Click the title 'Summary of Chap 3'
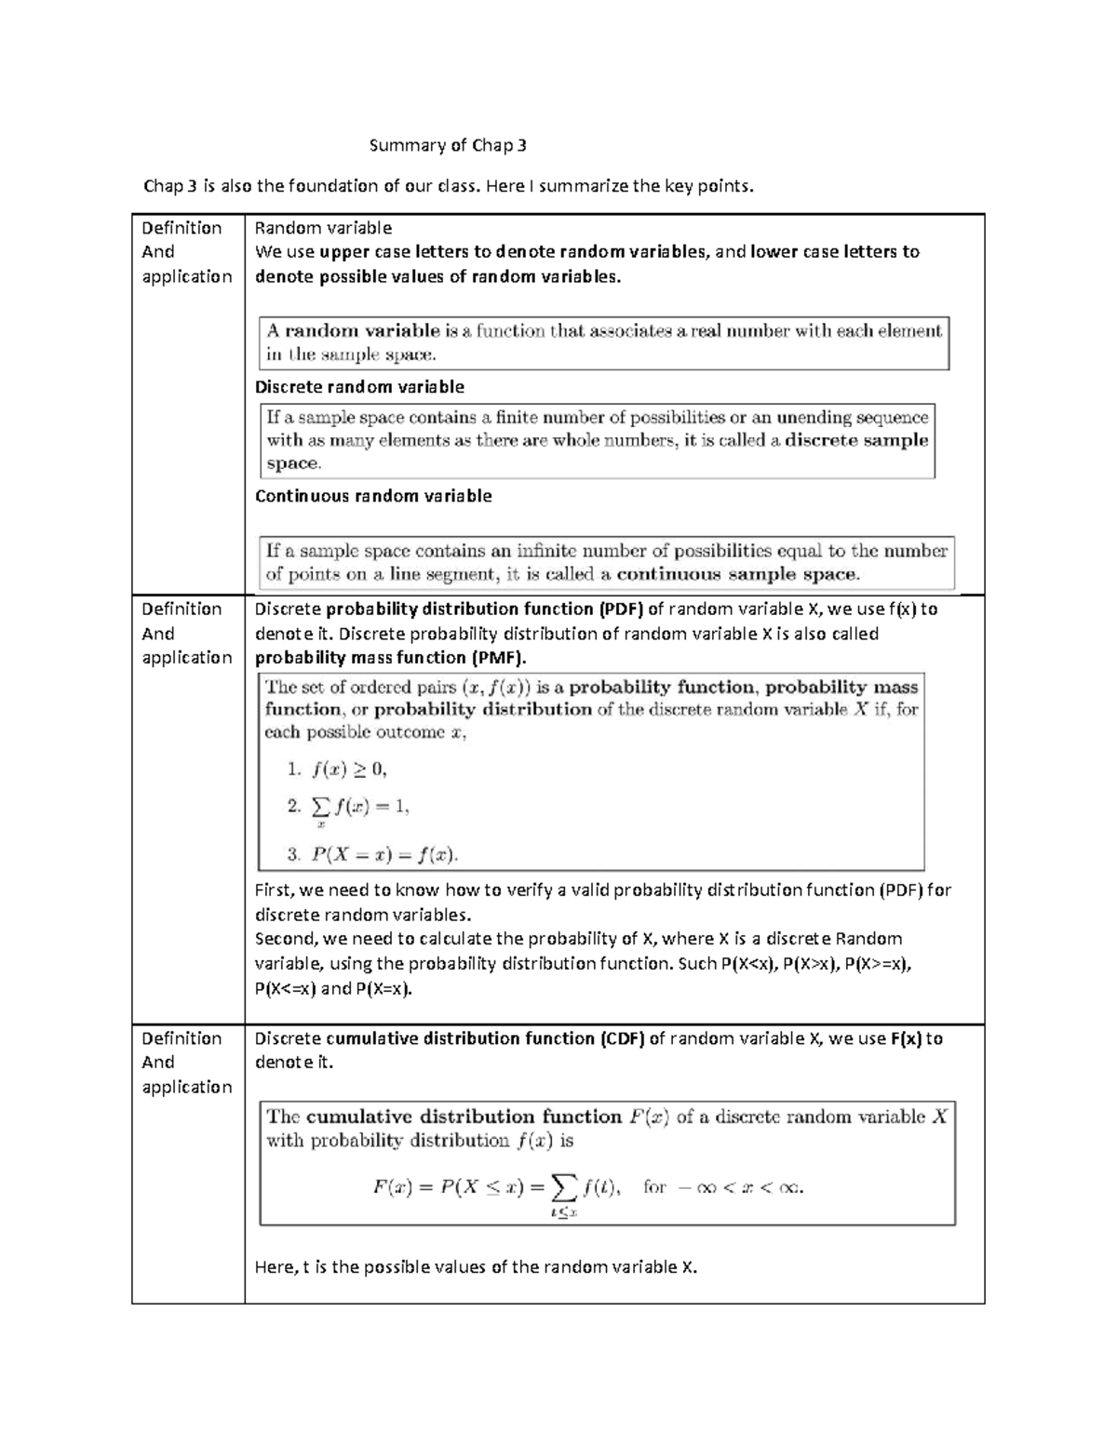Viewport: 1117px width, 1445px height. pos(448,145)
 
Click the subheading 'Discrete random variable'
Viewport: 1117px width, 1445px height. pos(359,387)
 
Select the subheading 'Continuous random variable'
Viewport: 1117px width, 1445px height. pos(373,496)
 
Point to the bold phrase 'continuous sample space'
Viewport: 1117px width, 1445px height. pos(737,574)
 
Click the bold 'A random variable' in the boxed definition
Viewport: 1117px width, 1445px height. pos(354,330)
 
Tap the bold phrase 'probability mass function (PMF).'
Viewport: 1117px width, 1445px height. pos(390,658)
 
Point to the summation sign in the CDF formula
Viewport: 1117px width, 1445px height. pos(563,1186)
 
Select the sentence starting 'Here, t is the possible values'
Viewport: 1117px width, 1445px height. pos(476,1266)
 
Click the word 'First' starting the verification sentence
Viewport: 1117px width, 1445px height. pos(274,890)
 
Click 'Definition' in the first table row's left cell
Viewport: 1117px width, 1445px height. pos(182,228)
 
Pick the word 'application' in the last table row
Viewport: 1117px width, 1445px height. pos(186,1087)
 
